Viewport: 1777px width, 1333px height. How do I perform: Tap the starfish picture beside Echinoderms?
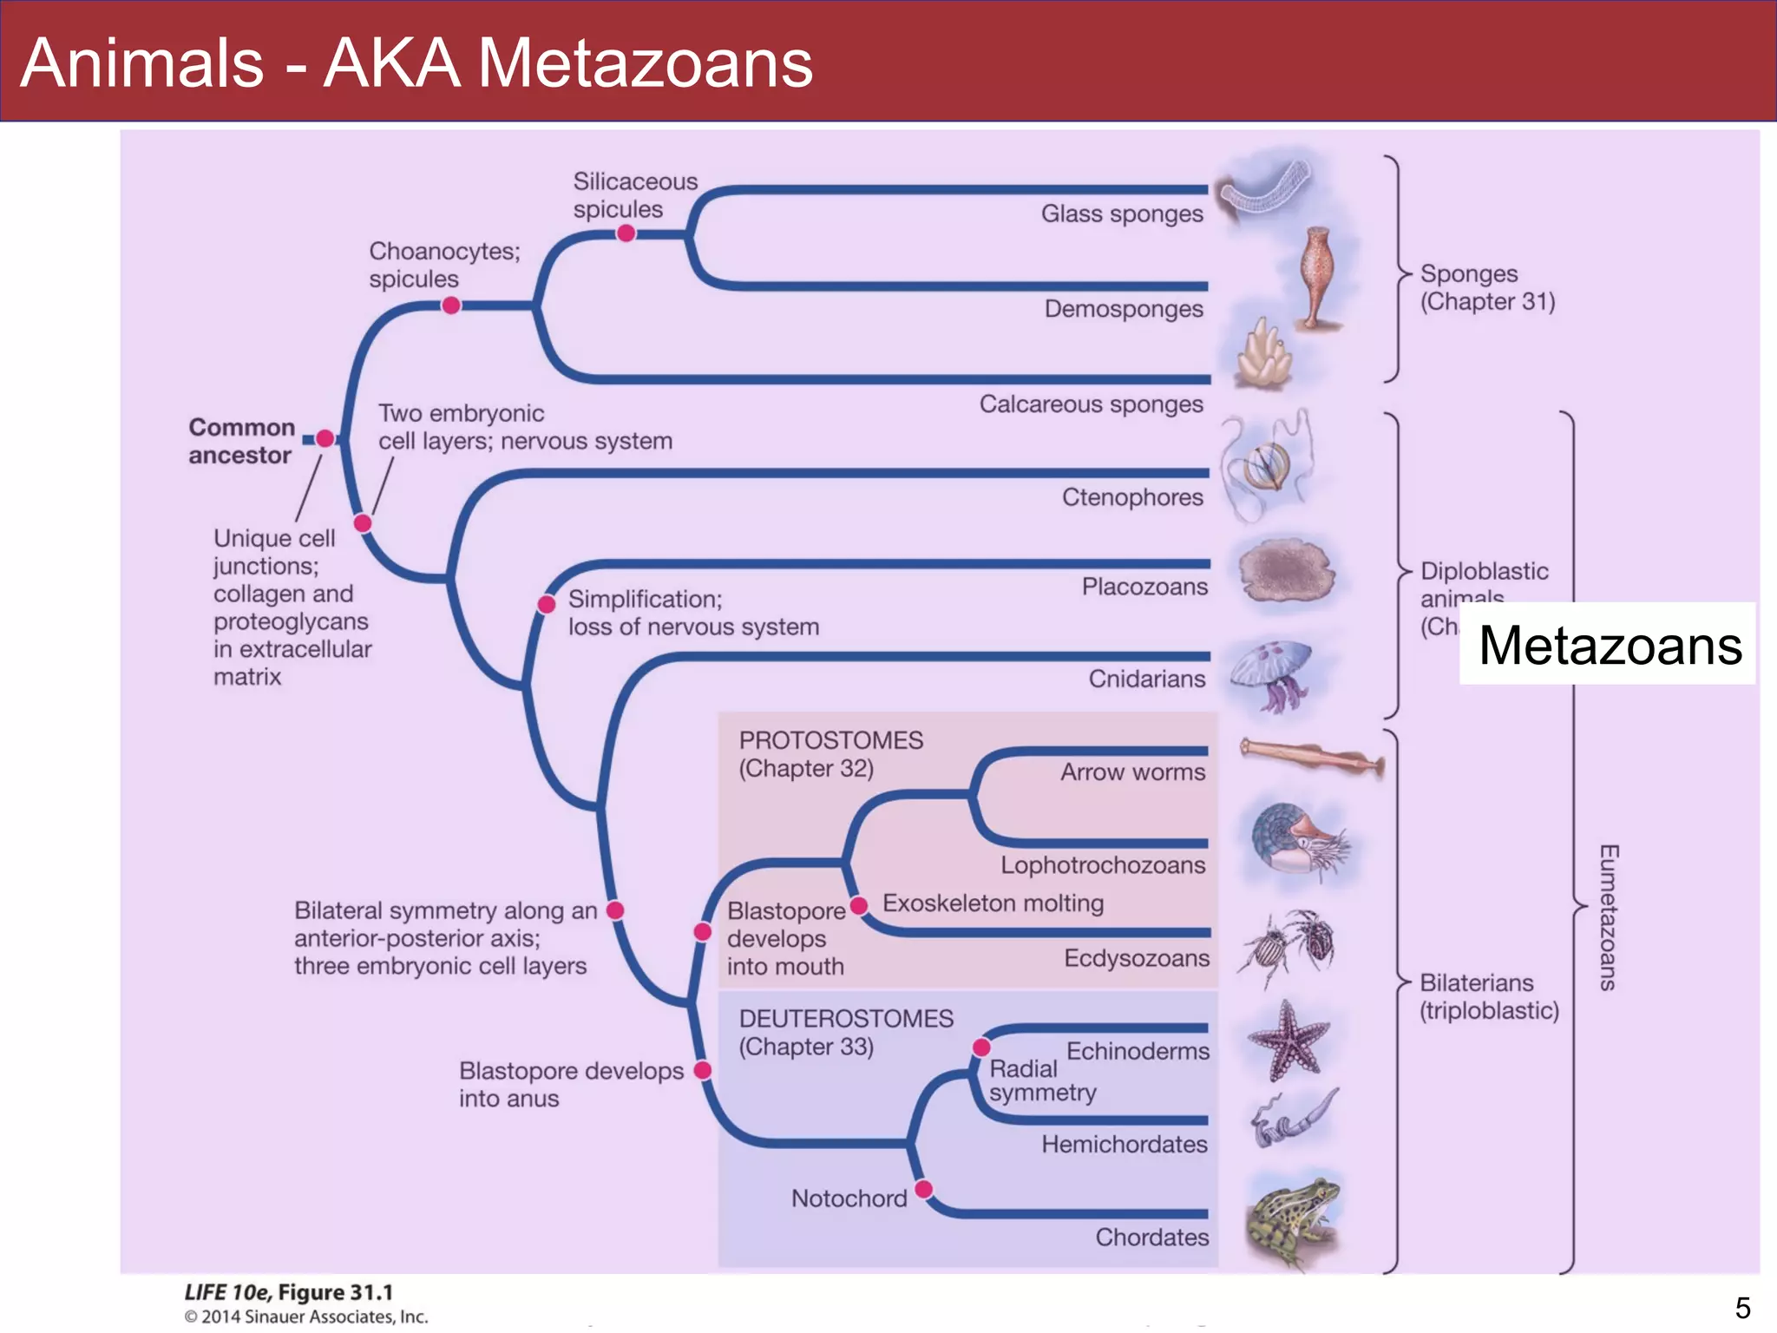pyautogui.click(x=1288, y=1040)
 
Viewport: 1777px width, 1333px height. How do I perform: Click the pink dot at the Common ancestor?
pyautogui.click(x=325, y=439)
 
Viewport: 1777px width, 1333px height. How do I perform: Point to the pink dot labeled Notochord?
pyautogui.click(x=924, y=1188)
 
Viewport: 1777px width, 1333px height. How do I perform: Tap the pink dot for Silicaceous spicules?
pyautogui.click(x=626, y=233)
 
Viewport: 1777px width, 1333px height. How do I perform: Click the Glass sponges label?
pyautogui.click(x=1122, y=213)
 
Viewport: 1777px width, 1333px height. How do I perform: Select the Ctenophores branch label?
pyautogui.click(x=1132, y=497)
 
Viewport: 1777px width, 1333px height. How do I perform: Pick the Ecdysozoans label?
pyautogui.click(x=1137, y=958)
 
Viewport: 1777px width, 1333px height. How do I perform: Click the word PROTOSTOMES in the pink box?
pyautogui.click(x=830, y=740)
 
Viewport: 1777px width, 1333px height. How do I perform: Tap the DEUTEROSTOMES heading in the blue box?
pyautogui.click(x=846, y=1019)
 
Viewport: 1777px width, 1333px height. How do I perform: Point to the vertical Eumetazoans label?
pyautogui.click(x=1608, y=917)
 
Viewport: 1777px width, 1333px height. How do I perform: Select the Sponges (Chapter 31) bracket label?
pyautogui.click(x=1486, y=287)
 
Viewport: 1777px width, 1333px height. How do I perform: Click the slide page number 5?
pyautogui.click(x=1742, y=1308)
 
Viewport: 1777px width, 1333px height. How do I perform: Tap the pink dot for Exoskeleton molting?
pyautogui.click(x=859, y=906)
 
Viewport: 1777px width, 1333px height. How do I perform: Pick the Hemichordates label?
pyautogui.click(x=1124, y=1145)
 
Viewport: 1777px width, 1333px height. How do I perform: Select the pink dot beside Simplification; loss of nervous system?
pyautogui.click(x=547, y=604)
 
